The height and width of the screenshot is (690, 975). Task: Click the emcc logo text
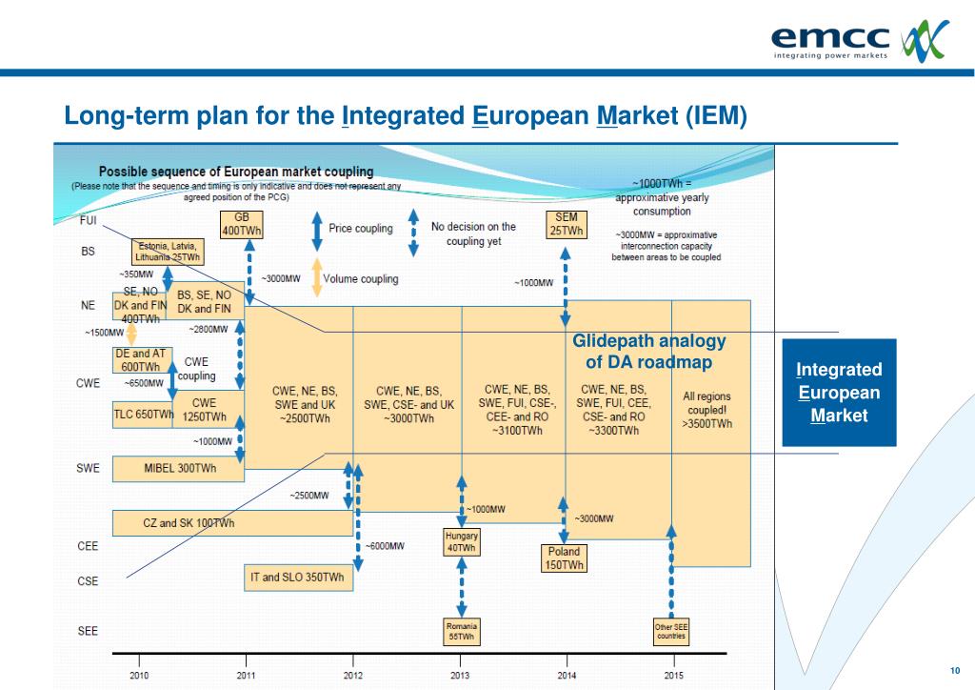(829, 38)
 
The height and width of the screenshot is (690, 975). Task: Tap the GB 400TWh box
(242, 224)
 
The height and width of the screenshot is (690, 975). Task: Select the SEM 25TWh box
(566, 224)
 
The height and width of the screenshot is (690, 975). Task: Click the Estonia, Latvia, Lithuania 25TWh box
(168, 252)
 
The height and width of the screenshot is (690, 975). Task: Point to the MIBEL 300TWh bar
(179, 468)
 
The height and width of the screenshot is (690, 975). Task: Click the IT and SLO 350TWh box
(298, 578)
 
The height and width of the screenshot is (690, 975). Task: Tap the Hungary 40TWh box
(461, 542)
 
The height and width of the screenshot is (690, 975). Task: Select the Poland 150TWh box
(564, 558)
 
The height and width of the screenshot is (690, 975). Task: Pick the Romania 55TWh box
(461, 631)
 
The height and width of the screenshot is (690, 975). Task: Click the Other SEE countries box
(670, 631)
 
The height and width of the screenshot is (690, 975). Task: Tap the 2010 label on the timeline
(140, 675)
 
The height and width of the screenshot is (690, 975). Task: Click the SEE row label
(87, 631)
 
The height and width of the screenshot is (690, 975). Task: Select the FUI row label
(88, 220)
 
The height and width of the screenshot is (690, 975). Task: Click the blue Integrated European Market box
(839, 393)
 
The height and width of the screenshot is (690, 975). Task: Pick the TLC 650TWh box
(143, 415)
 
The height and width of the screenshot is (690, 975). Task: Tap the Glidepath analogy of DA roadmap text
(648, 352)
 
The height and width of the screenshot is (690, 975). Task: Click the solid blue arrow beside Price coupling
(316, 229)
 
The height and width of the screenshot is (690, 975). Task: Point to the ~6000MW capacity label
(385, 546)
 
